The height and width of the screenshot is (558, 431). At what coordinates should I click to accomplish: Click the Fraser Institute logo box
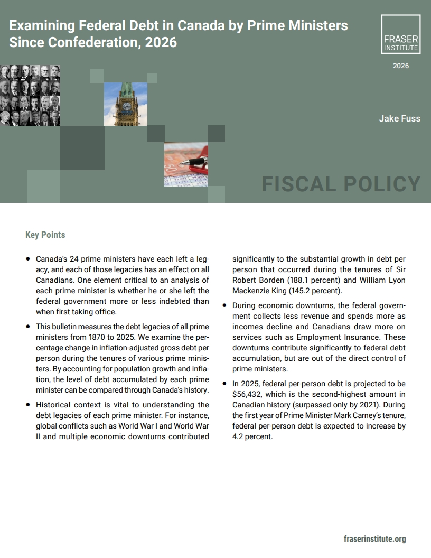pyautogui.click(x=400, y=34)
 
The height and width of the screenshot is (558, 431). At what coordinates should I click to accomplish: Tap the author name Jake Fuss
pyautogui.click(x=399, y=118)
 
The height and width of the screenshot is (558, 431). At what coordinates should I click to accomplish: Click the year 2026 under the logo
pyautogui.click(x=400, y=66)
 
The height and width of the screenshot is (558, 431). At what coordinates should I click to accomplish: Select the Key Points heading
pyautogui.click(x=45, y=235)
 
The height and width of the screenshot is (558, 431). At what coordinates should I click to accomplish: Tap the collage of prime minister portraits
pyautogui.click(x=30, y=95)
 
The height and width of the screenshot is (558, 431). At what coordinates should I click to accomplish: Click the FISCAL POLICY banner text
pyautogui.click(x=341, y=184)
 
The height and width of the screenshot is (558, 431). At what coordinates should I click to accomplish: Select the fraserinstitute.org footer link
pyautogui.click(x=374, y=539)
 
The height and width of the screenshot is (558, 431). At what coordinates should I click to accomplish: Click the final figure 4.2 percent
pyautogui.click(x=252, y=436)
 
